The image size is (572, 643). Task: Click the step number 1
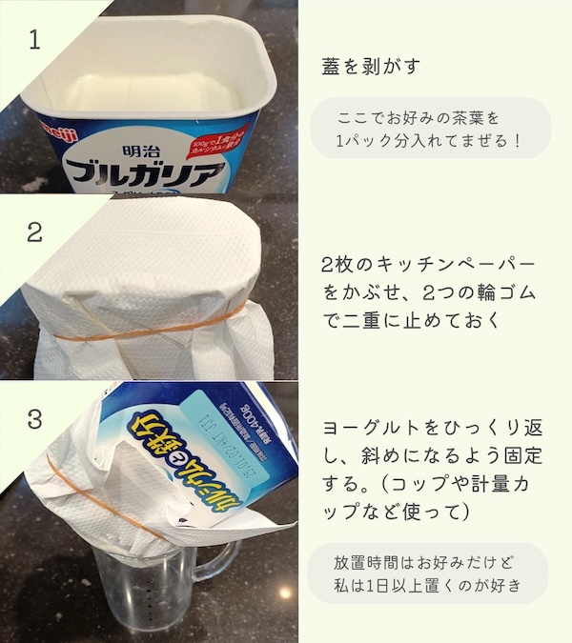point(35,40)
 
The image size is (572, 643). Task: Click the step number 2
point(35,231)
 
